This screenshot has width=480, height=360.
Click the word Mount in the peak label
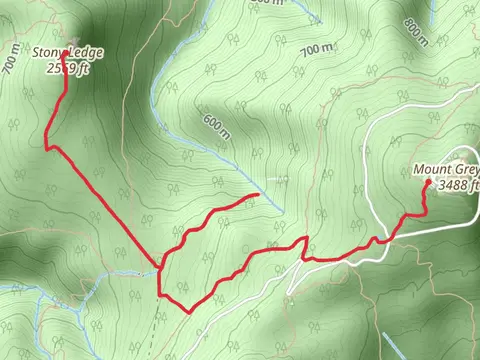[436, 170]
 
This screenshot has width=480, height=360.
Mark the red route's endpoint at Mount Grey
[427, 183]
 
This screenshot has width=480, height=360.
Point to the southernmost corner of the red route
[189, 312]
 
